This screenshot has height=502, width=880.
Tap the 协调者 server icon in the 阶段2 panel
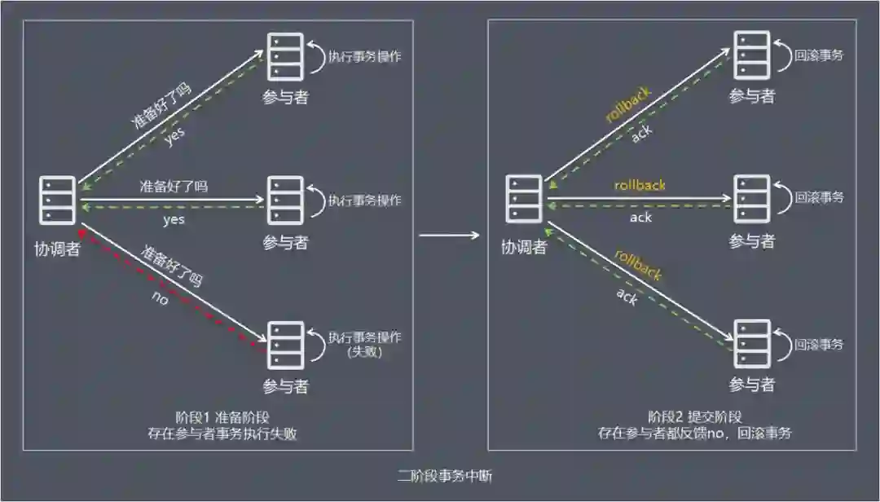[x=523, y=200]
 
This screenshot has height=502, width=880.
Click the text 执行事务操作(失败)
[x=366, y=345]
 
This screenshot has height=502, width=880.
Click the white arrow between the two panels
[x=449, y=236]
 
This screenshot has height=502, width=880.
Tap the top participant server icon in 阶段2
[x=751, y=54]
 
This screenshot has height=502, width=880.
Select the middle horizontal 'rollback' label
[x=640, y=185]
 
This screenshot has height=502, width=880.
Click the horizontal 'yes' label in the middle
[x=174, y=219]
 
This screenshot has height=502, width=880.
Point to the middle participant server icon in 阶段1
[x=285, y=200]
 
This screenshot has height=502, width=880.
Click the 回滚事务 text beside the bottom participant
[x=819, y=344]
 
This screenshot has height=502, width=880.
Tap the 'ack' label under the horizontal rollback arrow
[x=641, y=218]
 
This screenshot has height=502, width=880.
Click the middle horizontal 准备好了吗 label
[x=174, y=186]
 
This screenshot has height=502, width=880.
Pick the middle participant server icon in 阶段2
[x=751, y=199]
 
